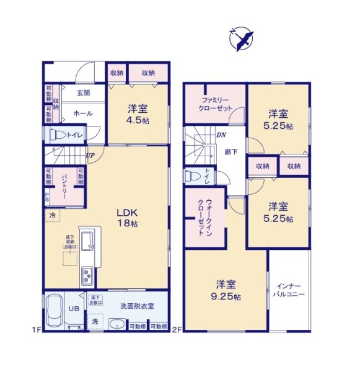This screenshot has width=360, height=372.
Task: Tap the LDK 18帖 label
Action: [127, 218]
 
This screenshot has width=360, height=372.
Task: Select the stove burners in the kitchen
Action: [86, 275]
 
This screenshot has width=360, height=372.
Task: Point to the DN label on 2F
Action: [221, 135]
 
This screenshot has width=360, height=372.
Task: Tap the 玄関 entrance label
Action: [83, 93]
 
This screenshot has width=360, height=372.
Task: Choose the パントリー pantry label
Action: [64, 185]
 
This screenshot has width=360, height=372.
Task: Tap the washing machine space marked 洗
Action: [95, 322]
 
